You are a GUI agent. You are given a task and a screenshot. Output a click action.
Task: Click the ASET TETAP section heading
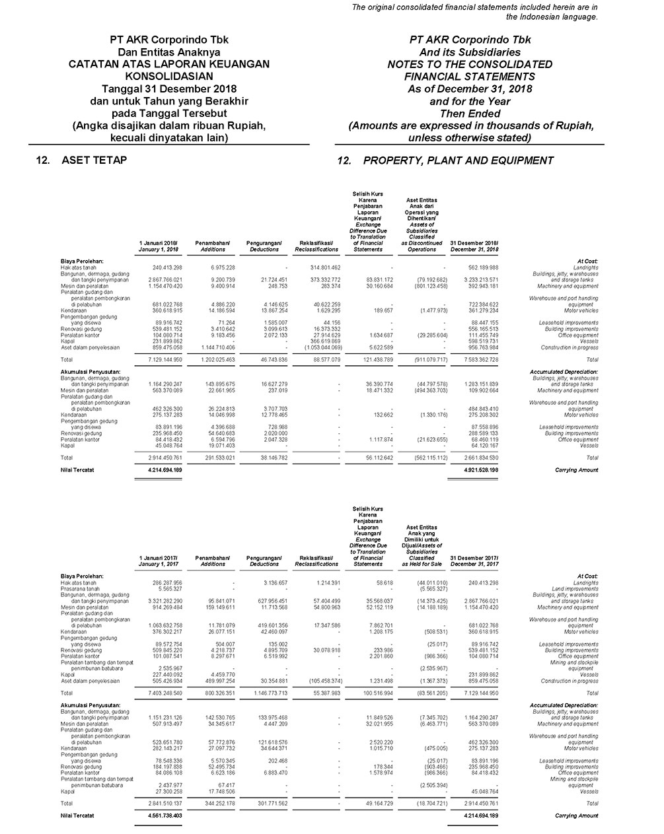click(x=94, y=160)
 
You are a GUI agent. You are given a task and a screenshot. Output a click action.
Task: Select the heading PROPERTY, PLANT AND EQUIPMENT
click(x=458, y=160)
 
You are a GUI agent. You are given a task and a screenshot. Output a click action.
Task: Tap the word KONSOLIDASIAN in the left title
click(x=168, y=76)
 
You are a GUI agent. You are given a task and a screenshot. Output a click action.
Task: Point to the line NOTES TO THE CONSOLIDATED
click(x=470, y=64)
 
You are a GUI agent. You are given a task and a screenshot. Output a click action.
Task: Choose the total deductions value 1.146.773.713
click(x=265, y=693)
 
